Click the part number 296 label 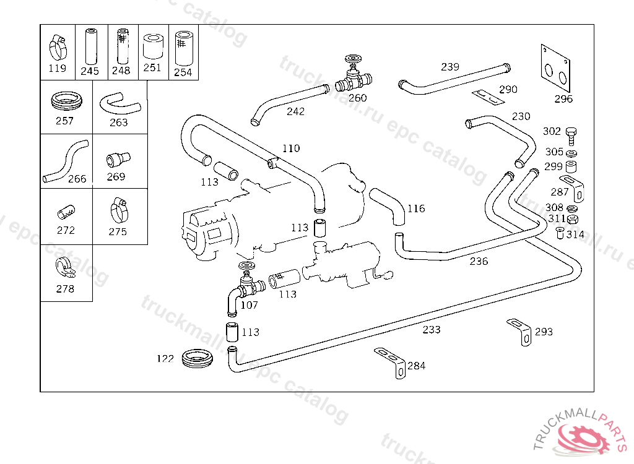click(563, 99)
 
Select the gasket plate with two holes click(555, 70)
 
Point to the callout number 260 click(357, 98)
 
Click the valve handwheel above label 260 click(353, 59)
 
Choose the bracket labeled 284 click(391, 360)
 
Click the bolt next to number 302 click(571, 133)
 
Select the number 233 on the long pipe click(432, 330)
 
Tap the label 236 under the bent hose click(479, 261)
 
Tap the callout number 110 click(291, 148)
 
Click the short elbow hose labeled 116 click(389, 207)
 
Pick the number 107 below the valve click(250, 305)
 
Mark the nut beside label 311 click(573, 218)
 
